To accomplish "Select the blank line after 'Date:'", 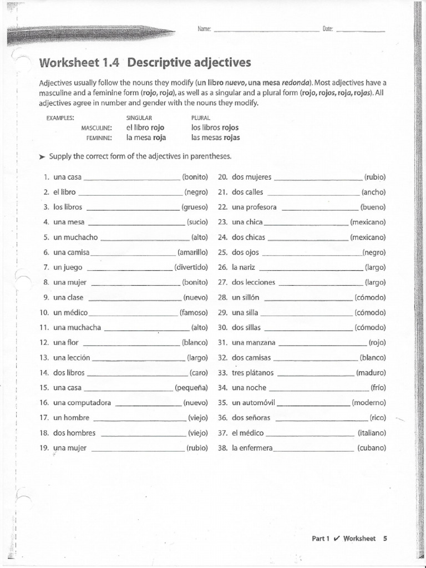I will [361, 31].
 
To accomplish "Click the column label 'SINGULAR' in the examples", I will [139, 118].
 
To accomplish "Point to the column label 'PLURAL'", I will [200, 118].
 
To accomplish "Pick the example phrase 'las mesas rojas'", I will [215, 138].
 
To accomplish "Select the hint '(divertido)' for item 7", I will [191, 267].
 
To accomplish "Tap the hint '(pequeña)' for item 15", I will [191, 388].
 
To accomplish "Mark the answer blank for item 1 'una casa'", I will [132, 179].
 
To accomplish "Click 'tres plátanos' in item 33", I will [253, 373].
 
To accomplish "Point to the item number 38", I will [223, 448].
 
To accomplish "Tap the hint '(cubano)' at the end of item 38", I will [371, 448].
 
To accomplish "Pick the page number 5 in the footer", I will [385, 538].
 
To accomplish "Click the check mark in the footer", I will [337, 538].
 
